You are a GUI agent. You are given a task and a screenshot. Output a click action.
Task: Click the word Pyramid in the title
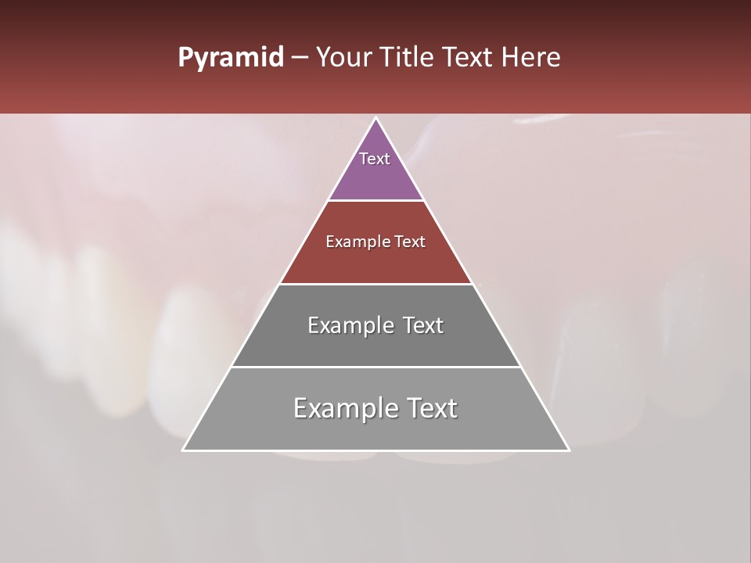pos(230,58)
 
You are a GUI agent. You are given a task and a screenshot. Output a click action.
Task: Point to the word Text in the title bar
pos(469,57)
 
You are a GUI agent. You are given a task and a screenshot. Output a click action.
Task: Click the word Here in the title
pos(530,57)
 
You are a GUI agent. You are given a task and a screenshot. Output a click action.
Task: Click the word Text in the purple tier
pos(375,159)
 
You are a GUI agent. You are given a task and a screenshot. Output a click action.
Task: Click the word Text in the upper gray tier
pos(422,326)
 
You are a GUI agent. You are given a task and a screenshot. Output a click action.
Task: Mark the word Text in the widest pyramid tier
pos(430,409)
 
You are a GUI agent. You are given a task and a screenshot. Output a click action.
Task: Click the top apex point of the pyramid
pos(376,118)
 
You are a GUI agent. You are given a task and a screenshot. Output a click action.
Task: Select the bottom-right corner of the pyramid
pos(569,450)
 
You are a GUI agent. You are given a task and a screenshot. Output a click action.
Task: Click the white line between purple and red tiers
pos(376,201)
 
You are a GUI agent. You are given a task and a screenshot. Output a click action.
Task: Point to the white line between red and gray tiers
pos(376,284)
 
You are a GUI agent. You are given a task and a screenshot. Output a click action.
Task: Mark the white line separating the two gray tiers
pos(376,367)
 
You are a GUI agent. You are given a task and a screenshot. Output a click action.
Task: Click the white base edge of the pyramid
pos(376,450)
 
